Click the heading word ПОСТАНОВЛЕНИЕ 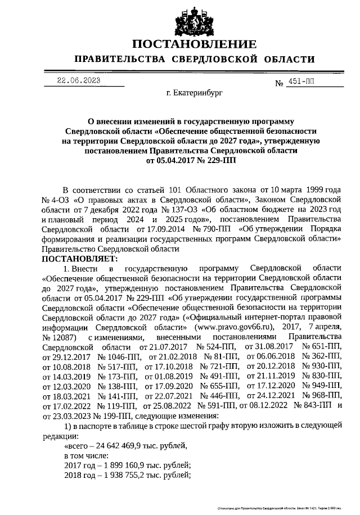tap(195, 44)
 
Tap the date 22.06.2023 tap(79, 80)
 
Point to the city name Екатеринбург tap(195, 94)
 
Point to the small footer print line tap(281, 508)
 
